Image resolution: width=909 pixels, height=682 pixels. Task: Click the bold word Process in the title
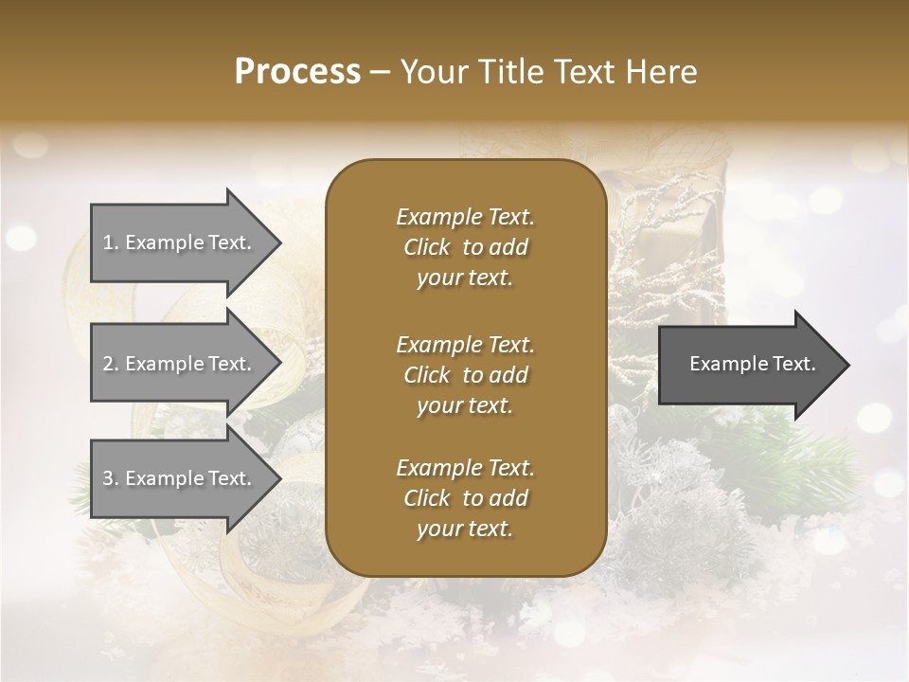pyautogui.click(x=297, y=72)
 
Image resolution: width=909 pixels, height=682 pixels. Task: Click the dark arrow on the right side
pyautogui.click(x=748, y=364)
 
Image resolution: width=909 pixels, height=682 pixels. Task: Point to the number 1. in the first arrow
pyautogui.click(x=111, y=242)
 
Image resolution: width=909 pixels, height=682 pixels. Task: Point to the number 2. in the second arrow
pyautogui.click(x=111, y=364)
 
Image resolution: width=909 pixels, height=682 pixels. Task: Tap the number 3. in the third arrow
pyautogui.click(x=111, y=478)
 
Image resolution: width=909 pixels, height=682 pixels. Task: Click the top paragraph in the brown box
pyautogui.click(x=465, y=247)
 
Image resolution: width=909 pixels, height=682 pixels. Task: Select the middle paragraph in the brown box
pyautogui.click(x=465, y=374)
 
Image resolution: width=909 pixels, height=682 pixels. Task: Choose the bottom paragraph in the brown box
pyautogui.click(x=465, y=498)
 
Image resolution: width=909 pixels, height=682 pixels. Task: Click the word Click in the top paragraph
pyautogui.click(x=426, y=247)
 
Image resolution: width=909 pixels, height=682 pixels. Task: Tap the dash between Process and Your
pyautogui.click(x=381, y=72)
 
